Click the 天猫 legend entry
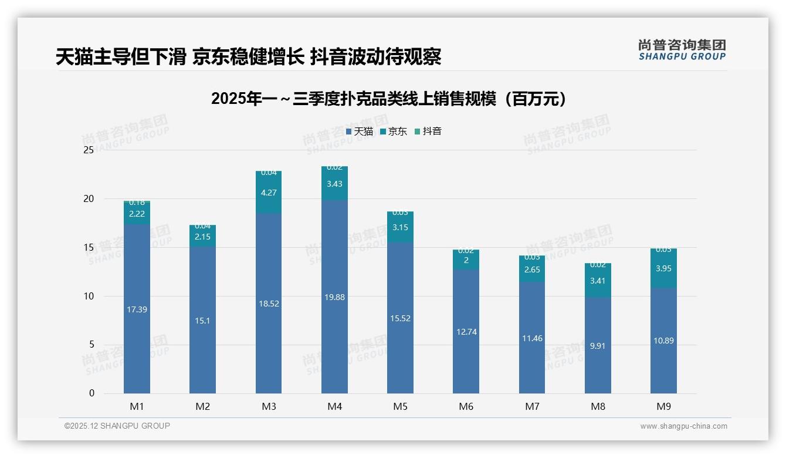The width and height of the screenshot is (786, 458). pos(359,132)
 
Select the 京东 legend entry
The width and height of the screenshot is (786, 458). pos(393,132)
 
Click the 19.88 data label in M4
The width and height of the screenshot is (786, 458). pos(334,297)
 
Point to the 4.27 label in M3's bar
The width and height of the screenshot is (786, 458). pos(269,193)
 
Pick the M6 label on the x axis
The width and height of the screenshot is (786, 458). pos(466,406)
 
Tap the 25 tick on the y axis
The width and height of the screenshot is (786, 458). pos(89,150)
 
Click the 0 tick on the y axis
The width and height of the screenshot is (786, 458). pos(92,393)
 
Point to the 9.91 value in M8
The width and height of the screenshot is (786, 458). pos(598,346)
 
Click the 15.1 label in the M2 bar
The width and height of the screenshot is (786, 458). pos(202,321)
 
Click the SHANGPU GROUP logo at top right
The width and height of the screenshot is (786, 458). pos(682,50)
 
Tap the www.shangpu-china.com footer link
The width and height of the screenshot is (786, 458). pos(683,426)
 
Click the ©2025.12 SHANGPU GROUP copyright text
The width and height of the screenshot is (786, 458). pos(117,426)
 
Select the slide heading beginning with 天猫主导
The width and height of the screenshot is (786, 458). pos(248,57)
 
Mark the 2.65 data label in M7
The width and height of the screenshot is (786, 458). pos(532,270)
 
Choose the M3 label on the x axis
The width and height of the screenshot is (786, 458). pos(269,406)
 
